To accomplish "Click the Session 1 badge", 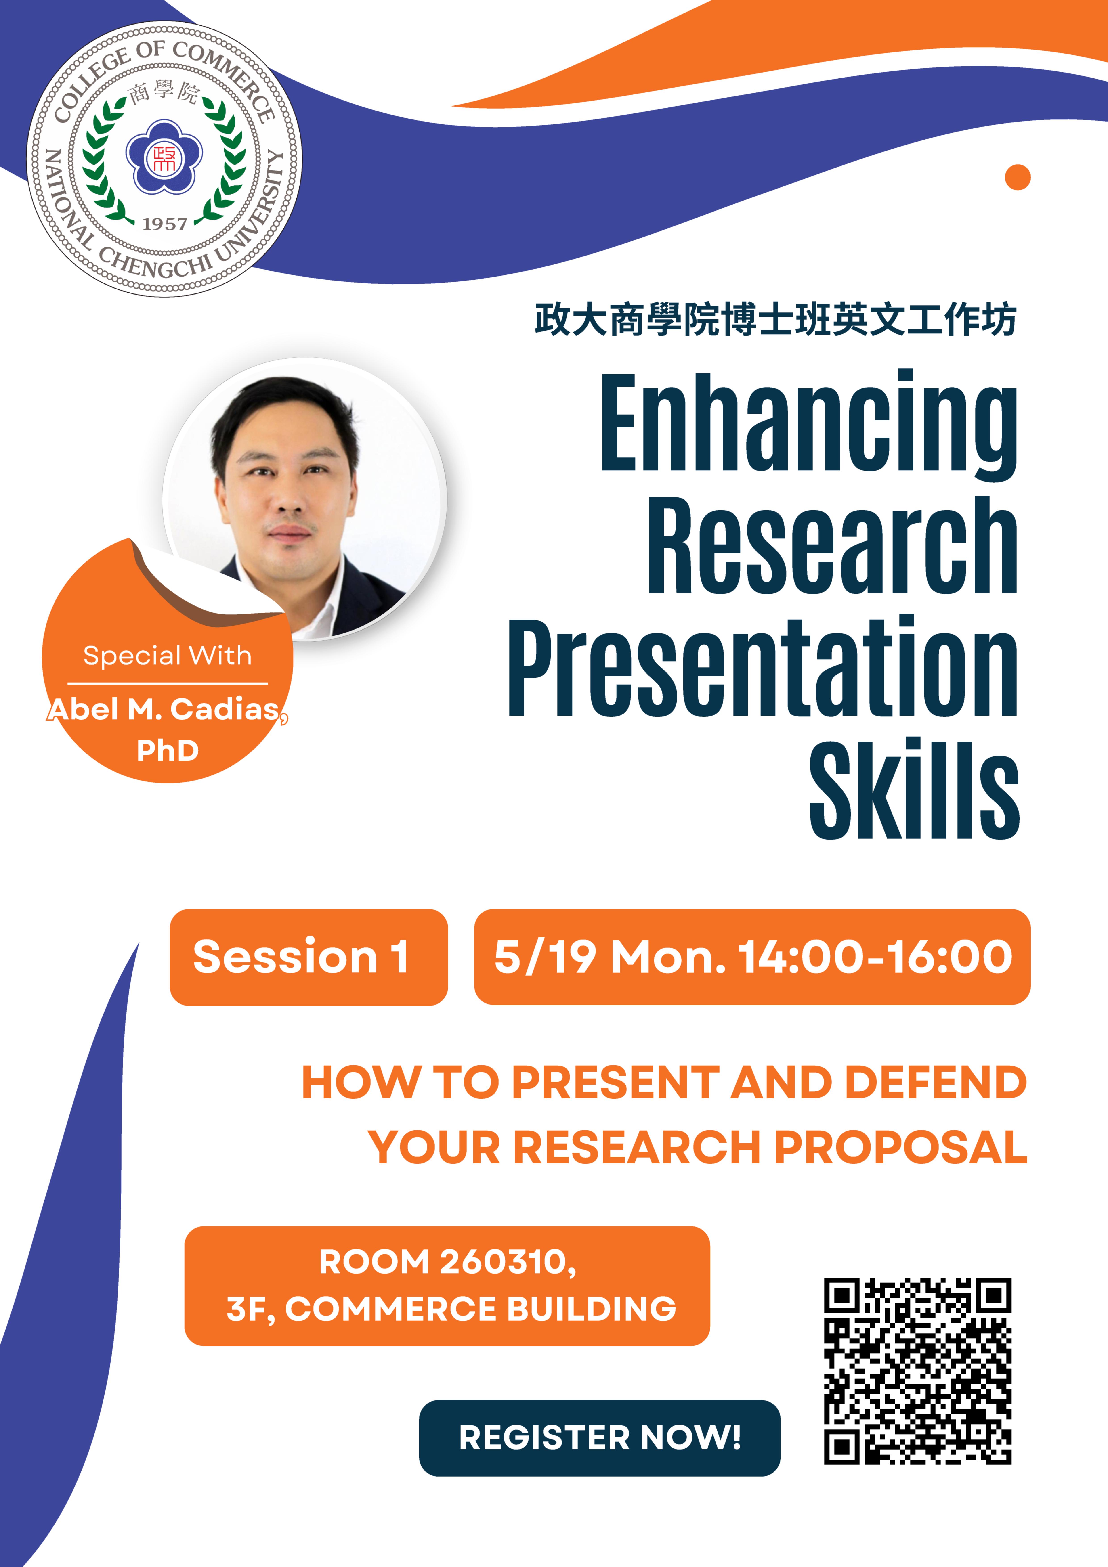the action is click(x=308, y=957).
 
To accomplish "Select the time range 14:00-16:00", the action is click(x=876, y=957).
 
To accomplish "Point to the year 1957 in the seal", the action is click(x=165, y=224).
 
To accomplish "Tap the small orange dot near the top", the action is click(x=1017, y=177).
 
